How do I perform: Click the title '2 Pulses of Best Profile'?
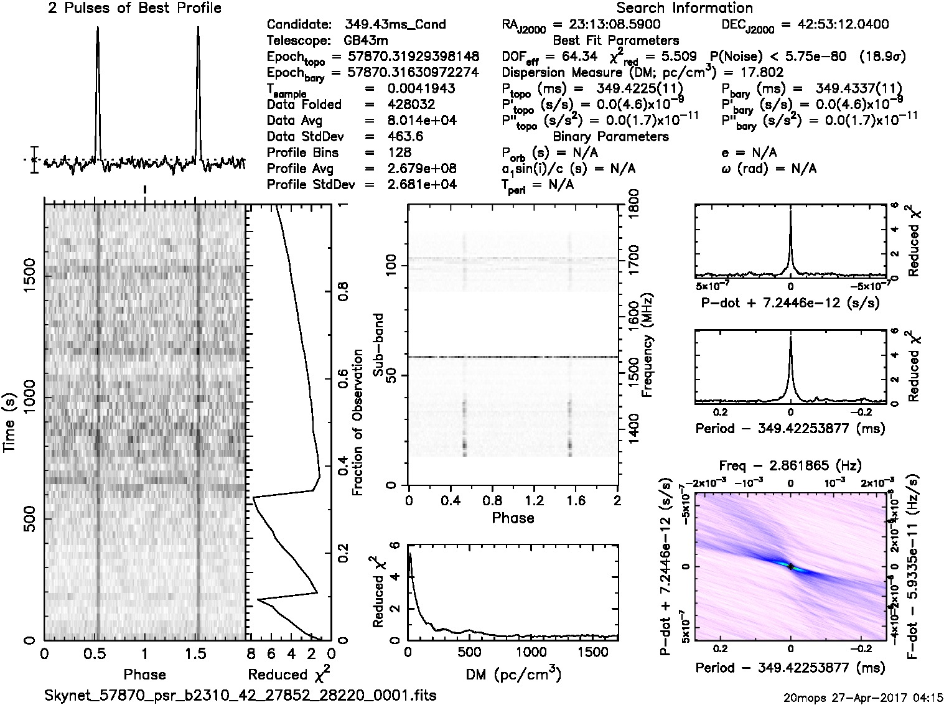[134, 8]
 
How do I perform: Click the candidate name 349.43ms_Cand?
[395, 25]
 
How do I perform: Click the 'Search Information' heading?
[685, 8]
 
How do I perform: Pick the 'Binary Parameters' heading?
[610, 136]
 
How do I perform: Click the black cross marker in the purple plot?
[790, 566]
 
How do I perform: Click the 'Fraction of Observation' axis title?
[357, 423]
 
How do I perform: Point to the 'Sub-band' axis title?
[378, 345]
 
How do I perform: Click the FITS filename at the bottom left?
[240, 694]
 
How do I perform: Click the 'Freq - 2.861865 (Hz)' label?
[790, 465]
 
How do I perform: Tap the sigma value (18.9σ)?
[882, 57]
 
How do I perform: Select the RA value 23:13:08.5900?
[607, 25]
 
